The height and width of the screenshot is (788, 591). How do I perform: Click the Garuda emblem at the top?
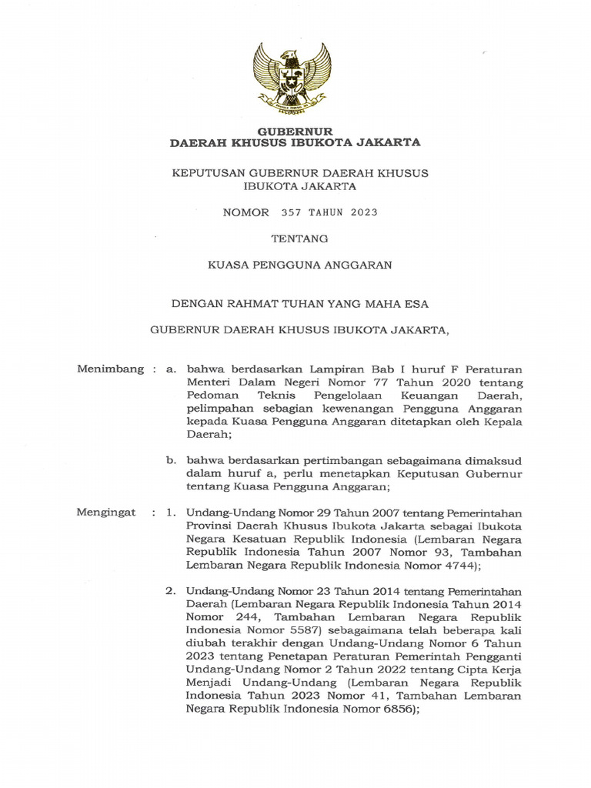point(293,75)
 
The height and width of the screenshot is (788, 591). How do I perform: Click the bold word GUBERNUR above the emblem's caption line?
point(295,132)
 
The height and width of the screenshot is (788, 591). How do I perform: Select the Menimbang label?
point(110,369)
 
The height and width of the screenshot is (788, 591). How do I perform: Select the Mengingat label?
point(106,512)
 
